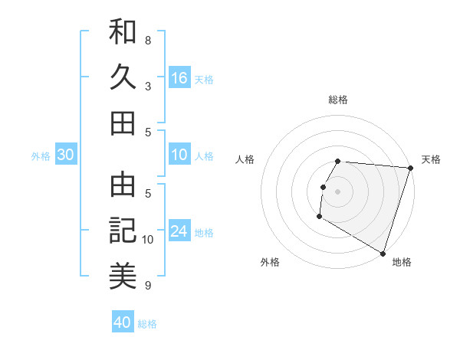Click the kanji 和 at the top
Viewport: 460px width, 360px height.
[x=123, y=32]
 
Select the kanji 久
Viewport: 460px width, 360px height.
[x=123, y=77]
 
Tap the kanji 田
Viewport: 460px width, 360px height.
[x=123, y=123]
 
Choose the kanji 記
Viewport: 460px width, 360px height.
[x=123, y=230]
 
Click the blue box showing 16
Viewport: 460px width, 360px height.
[x=179, y=78]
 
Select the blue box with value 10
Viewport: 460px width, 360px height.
[x=179, y=155]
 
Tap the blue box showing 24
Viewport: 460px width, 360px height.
[x=179, y=231]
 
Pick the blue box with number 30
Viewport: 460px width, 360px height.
[x=66, y=155]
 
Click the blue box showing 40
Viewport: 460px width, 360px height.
[x=123, y=322]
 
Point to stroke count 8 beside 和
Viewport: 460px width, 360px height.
[x=148, y=40]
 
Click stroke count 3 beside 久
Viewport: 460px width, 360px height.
[x=148, y=86]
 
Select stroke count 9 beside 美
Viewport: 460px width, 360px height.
[x=148, y=285]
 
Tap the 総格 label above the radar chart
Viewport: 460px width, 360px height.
[x=338, y=100]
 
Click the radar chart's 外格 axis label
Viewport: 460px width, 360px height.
[x=270, y=262]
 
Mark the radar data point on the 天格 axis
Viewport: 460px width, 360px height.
[x=410, y=168]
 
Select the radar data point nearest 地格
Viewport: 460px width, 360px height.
[x=383, y=253]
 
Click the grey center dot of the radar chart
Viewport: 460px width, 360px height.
[x=337, y=191]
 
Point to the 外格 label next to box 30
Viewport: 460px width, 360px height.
[x=41, y=155]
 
